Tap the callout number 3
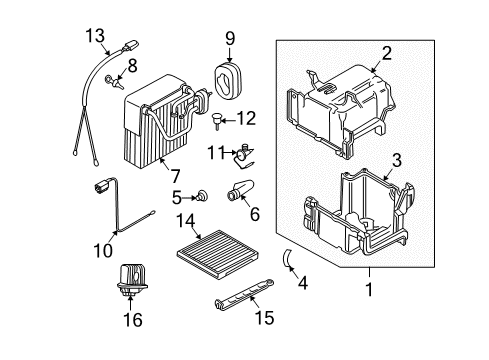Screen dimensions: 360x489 [x=396, y=158]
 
